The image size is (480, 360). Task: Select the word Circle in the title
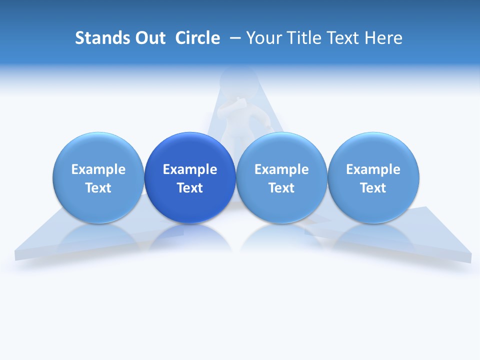click(x=197, y=38)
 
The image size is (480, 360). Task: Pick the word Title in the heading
click(x=304, y=38)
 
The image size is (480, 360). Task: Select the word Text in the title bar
click(x=345, y=38)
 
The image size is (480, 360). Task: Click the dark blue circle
click(x=190, y=177)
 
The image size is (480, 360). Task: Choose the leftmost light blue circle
click(x=98, y=177)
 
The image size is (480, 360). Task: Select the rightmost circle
click(x=373, y=177)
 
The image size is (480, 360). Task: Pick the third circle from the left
click(x=281, y=177)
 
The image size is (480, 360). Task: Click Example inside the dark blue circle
click(x=190, y=169)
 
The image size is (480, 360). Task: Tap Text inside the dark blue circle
click(x=190, y=188)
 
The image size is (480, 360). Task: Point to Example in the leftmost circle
click(x=98, y=169)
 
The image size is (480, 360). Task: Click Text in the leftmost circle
click(x=98, y=188)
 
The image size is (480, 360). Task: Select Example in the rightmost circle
click(x=373, y=169)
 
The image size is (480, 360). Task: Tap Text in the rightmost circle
click(x=373, y=188)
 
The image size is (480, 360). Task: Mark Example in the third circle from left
click(x=281, y=169)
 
